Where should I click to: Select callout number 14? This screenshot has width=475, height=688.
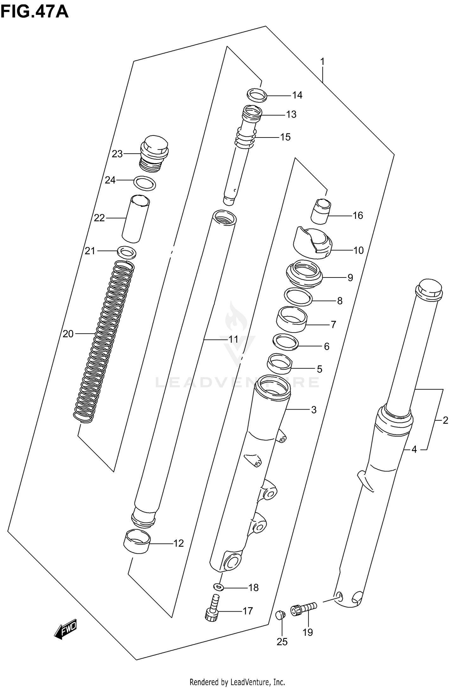coord(297,95)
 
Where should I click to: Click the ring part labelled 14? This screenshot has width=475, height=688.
coord(256,95)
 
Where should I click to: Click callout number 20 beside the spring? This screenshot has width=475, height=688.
coord(68,334)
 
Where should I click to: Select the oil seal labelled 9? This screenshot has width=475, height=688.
coord(304,273)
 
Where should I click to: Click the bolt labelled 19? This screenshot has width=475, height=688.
coord(303,608)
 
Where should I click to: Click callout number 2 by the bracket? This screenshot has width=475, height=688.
coord(445,420)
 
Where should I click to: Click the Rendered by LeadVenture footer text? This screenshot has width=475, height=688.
coord(237,682)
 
